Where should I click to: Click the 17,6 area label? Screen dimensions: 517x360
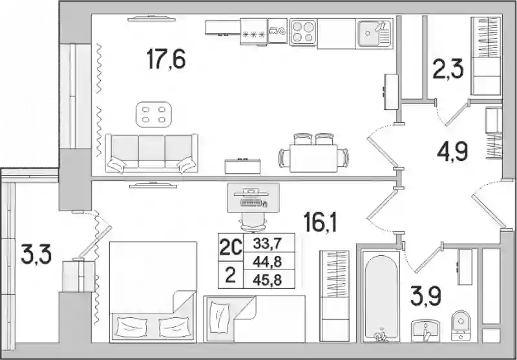click(x=166, y=59)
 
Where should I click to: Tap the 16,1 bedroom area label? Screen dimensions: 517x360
click(x=320, y=222)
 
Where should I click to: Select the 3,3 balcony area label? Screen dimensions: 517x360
click(x=36, y=254)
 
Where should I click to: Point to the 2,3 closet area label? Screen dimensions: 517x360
click(x=448, y=69)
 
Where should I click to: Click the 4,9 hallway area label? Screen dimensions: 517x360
click(x=452, y=152)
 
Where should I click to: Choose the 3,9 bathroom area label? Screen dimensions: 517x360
click(x=426, y=296)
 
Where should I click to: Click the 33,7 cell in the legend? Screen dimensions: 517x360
click(x=267, y=244)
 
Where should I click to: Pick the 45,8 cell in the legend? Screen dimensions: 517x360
click(x=267, y=281)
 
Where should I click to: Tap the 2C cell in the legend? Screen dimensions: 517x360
click(x=231, y=248)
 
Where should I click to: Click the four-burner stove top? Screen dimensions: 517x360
click(x=303, y=32)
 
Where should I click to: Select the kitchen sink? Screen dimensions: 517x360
click(x=375, y=32)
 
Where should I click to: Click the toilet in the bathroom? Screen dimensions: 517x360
click(x=461, y=325)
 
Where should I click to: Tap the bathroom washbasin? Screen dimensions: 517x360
click(x=426, y=331)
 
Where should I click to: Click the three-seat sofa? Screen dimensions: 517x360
click(x=152, y=153)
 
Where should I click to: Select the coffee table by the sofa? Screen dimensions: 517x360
click(x=154, y=114)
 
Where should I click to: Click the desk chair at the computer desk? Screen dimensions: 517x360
click(x=253, y=222)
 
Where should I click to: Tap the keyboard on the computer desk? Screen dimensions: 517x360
click(x=251, y=203)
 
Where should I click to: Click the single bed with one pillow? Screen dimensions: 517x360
click(x=254, y=319)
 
